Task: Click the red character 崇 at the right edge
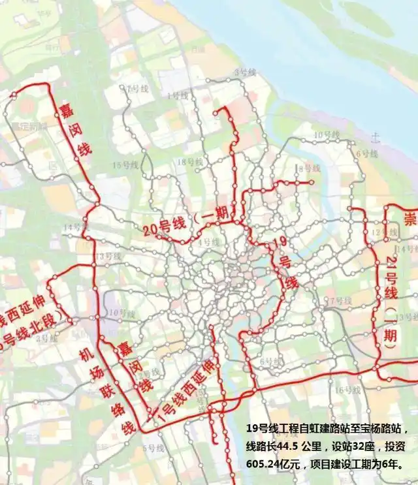(410, 217)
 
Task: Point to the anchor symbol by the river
(375, 137)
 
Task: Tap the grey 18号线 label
(189, 161)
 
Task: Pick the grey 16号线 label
(347, 390)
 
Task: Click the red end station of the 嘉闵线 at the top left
(14, 95)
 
